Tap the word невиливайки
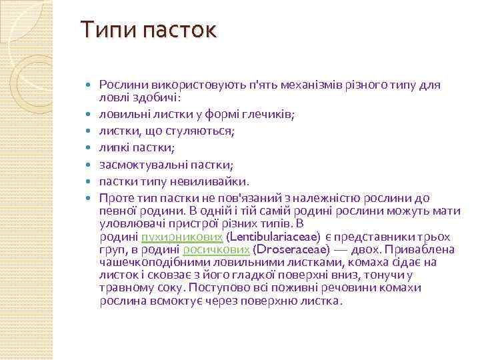[x=213, y=181]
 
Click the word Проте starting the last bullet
[x=117, y=198]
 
